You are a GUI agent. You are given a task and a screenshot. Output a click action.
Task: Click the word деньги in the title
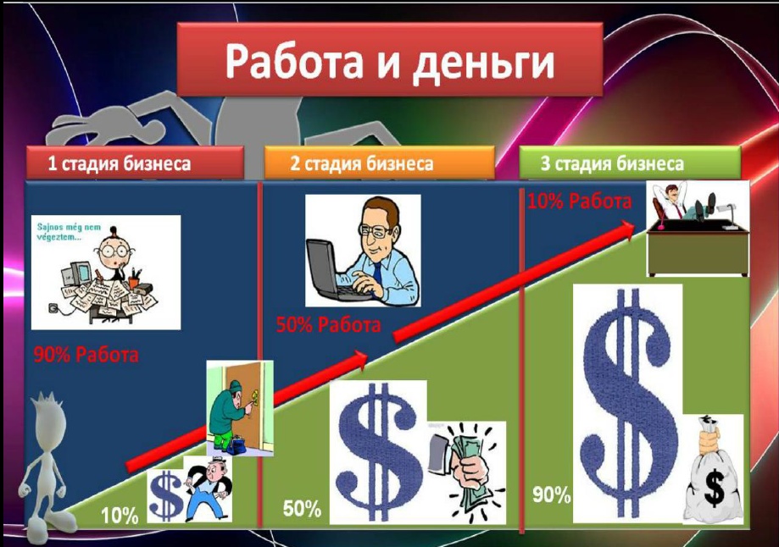point(483,62)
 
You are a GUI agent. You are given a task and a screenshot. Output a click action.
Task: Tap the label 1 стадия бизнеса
point(119,163)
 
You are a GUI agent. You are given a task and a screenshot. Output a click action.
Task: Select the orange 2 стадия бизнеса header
point(379,163)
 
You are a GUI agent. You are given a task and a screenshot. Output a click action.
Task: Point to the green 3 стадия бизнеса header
point(630,163)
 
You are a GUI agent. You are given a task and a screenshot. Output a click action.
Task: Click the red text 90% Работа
point(86,355)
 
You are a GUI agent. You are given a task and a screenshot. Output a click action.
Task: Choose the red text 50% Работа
point(328,325)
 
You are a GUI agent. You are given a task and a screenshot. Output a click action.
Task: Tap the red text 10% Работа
point(579,201)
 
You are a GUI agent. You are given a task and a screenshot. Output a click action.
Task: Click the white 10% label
point(120,517)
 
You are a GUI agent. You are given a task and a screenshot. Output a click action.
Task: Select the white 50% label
point(302,509)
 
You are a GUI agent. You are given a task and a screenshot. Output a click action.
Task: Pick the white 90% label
point(552,495)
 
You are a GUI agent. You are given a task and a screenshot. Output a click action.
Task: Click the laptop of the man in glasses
point(331,270)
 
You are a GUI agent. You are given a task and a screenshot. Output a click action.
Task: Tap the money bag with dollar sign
point(713,472)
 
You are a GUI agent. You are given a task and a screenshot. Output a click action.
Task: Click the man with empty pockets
point(209,489)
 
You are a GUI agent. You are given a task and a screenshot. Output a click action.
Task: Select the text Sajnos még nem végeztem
point(69,232)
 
